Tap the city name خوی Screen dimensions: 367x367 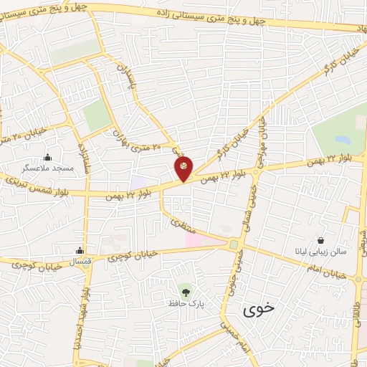point(259,310)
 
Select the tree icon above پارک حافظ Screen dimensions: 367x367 point(186,292)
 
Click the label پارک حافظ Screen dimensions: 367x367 point(186,305)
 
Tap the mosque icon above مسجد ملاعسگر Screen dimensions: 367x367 point(48,158)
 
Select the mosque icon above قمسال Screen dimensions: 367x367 point(80,251)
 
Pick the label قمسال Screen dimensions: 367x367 point(80,262)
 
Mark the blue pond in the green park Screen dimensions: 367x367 point(338,134)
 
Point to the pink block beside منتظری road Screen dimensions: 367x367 point(194,238)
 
